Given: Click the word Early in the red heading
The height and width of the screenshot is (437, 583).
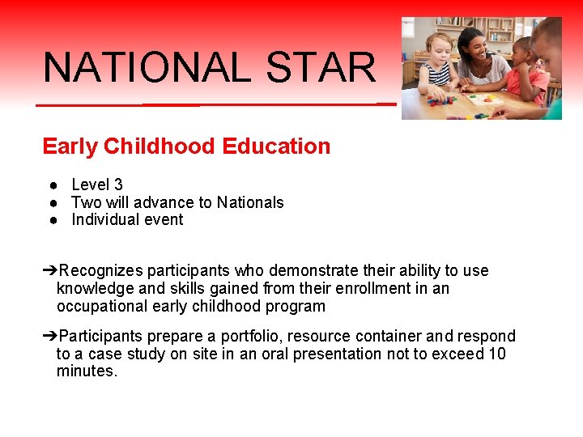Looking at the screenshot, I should coord(70,146).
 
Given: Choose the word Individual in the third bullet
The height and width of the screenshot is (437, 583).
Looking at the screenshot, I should coord(104,219).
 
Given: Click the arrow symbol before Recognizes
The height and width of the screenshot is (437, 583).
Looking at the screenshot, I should coord(49,270).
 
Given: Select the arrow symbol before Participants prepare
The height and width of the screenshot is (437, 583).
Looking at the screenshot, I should coord(49,336).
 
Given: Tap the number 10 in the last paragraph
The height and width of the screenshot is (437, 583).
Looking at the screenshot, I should coord(496,354).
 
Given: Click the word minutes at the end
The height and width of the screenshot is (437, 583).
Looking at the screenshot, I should coord(86,371).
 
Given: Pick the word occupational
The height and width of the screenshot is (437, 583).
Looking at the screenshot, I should coord(104,306).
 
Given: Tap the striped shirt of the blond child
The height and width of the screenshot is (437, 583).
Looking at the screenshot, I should coord(438,74).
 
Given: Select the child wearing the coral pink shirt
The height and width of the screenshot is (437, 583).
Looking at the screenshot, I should coord(529,77).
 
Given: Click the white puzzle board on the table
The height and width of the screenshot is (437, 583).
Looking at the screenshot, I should coord(484,100).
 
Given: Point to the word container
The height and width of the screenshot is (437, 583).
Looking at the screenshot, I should coord(383,336).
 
